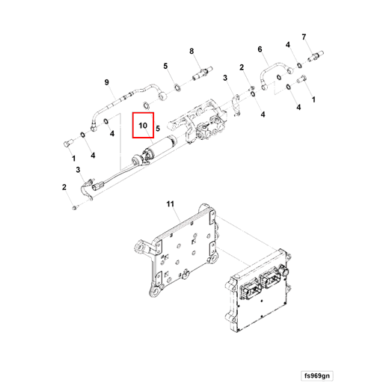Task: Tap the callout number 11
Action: pyautogui.click(x=170, y=203)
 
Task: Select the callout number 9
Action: pyautogui.click(x=106, y=82)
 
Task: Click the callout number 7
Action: pyautogui.click(x=304, y=37)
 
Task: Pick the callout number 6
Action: pyautogui.click(x=261, y=50)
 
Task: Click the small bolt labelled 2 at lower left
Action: pyautogui.click(x=75, y=206)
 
